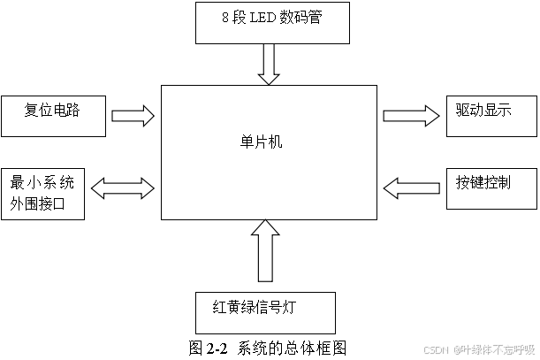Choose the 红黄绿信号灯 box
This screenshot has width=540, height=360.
tap(265, 310)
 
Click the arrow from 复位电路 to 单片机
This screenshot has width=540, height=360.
tap(132, 116)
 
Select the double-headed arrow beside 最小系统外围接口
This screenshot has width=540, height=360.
tap(123, 187)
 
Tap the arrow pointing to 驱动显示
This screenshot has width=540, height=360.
tap(411, 115)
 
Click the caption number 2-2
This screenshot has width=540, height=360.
tap(217, 348)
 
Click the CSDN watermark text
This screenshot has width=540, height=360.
tap(437, 349)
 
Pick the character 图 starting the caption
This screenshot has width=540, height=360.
tap(196, 348)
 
